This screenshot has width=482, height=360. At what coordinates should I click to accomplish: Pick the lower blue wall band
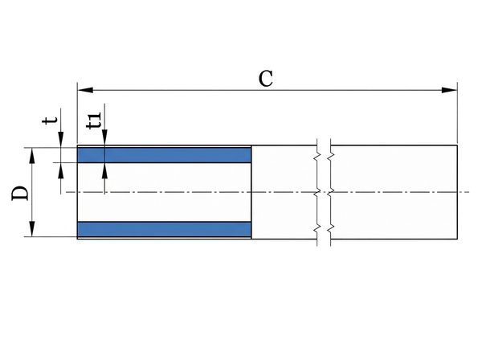[x=164, y=229]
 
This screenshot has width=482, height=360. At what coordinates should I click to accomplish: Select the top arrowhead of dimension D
[x=33, y=153]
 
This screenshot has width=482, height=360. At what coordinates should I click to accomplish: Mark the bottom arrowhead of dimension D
[x=33, y=231]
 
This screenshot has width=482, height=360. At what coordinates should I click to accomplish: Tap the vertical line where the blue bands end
[x=252, y=192]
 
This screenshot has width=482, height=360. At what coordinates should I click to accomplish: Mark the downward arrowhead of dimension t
[x=62, y=142]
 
